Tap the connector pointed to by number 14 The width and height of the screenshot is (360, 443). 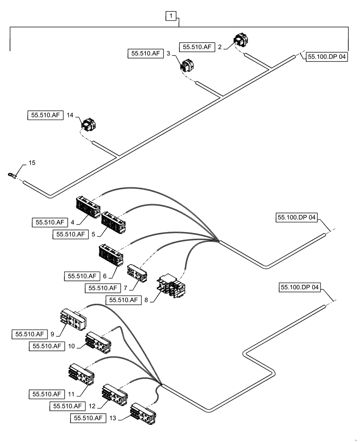[x=89, y=126]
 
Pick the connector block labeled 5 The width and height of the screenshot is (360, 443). [x=113, y=221]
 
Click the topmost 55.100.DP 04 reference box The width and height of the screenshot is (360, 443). [x=325, y=57]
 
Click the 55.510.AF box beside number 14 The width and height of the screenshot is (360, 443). [x=45, y=115]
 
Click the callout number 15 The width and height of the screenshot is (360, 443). [x=32, y=163]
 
